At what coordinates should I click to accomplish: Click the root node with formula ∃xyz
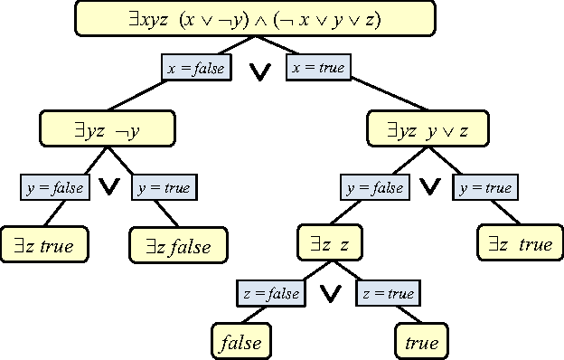click(254, 18)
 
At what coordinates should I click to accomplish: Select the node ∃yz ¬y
click(107, 129)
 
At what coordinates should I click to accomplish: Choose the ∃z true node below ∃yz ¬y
click(43, 244)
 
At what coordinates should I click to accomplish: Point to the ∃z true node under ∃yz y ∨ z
click(520, 244)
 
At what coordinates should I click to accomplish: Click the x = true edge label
click(318, 67)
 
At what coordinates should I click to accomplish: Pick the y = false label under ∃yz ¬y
click(54, 187)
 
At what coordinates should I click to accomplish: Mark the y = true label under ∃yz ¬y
click(164, 187)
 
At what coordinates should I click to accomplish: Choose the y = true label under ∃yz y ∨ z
click(485, 187)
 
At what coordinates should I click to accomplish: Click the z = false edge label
click(271, 293)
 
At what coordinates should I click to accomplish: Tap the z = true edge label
click(388, 293)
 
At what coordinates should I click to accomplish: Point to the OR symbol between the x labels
click(259, 73)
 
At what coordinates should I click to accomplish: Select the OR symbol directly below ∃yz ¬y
click(109, 187)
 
